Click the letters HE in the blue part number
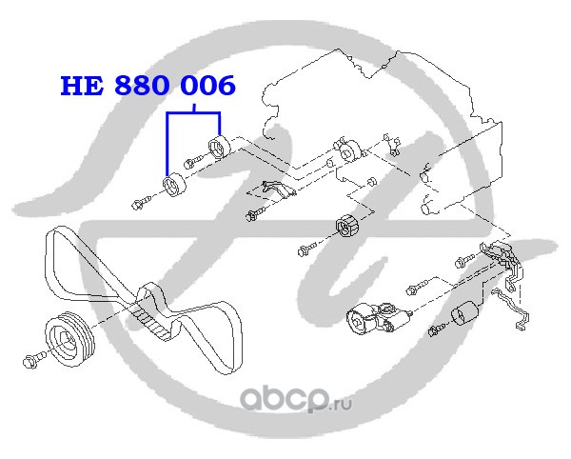[x=82, y=86]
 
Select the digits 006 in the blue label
[x=208, y=86]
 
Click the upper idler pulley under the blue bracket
[x=219, y=148]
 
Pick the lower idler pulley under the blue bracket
[x=174, y=185]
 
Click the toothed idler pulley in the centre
[x=347, y=228]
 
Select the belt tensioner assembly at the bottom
[x=379, y=317]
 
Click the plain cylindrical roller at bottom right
[x=464, y=313]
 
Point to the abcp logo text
[x=285, y=400]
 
